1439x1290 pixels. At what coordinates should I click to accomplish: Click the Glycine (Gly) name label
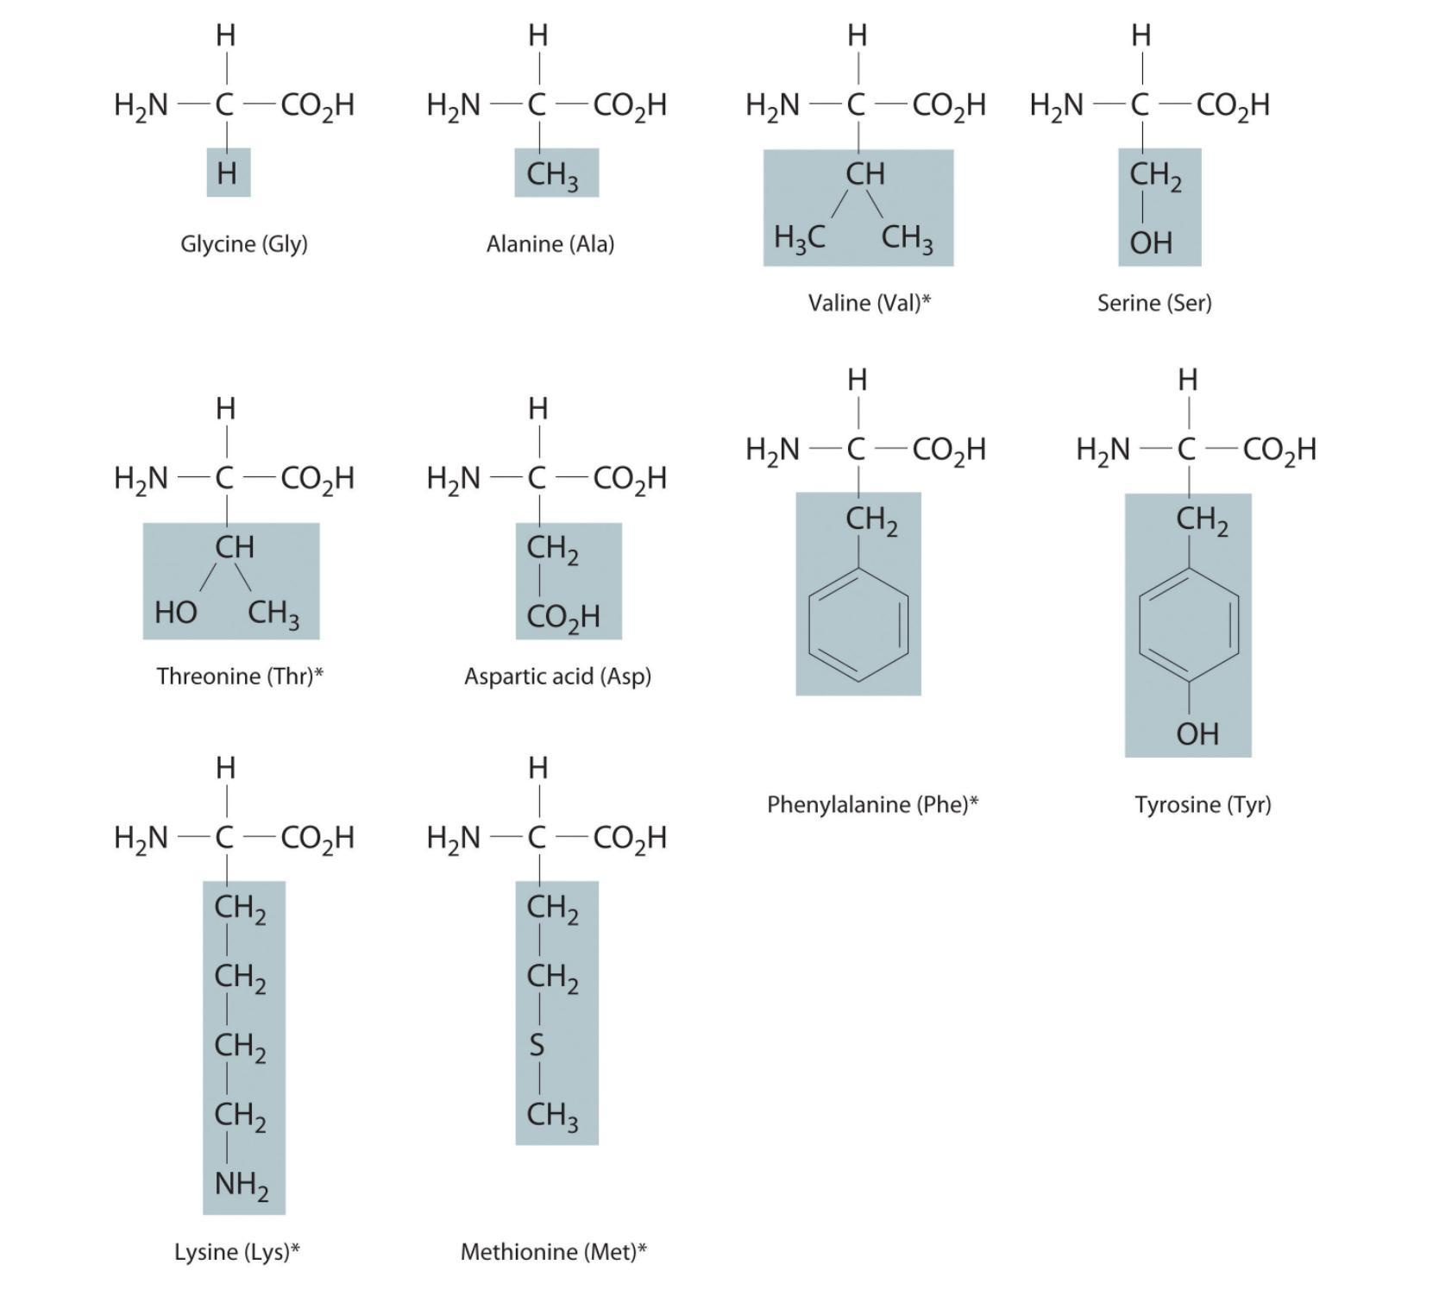coord(244,244)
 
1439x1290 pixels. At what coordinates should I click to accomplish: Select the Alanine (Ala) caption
coord(550,244)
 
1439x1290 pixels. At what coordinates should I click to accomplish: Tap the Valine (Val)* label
coord(870,303)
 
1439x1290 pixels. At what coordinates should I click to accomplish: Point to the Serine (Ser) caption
coord(1154,303)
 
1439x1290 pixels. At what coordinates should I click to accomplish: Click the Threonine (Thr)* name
coord(240,676)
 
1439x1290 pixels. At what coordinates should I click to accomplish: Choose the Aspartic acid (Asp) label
coord(557,676)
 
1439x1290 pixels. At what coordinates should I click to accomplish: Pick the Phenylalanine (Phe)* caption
coord(873,804)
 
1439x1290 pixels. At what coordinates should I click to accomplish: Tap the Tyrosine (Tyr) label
coord(1203,804)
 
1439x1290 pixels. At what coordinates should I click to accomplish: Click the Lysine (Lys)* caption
coord(237,1251)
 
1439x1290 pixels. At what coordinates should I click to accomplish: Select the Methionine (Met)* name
coord(554,1251)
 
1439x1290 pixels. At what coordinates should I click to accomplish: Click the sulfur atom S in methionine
coord(537,1045)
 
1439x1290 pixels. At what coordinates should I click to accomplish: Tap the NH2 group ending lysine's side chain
coord(242,1185)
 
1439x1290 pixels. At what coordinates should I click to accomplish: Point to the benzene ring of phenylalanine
coord(858,623)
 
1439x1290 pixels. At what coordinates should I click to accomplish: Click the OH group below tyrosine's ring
coord(1197,734)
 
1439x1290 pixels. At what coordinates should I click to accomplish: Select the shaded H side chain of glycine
coord(228,173)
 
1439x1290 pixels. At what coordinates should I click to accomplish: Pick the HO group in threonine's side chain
coord(176,613)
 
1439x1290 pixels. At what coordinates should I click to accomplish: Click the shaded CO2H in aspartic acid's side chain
coord(563,618)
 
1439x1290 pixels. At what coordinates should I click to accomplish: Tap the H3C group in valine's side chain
coord(800,236)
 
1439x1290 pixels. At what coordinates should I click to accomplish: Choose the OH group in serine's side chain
coord(1151,243)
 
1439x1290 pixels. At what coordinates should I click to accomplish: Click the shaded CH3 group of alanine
coord(552,175)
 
